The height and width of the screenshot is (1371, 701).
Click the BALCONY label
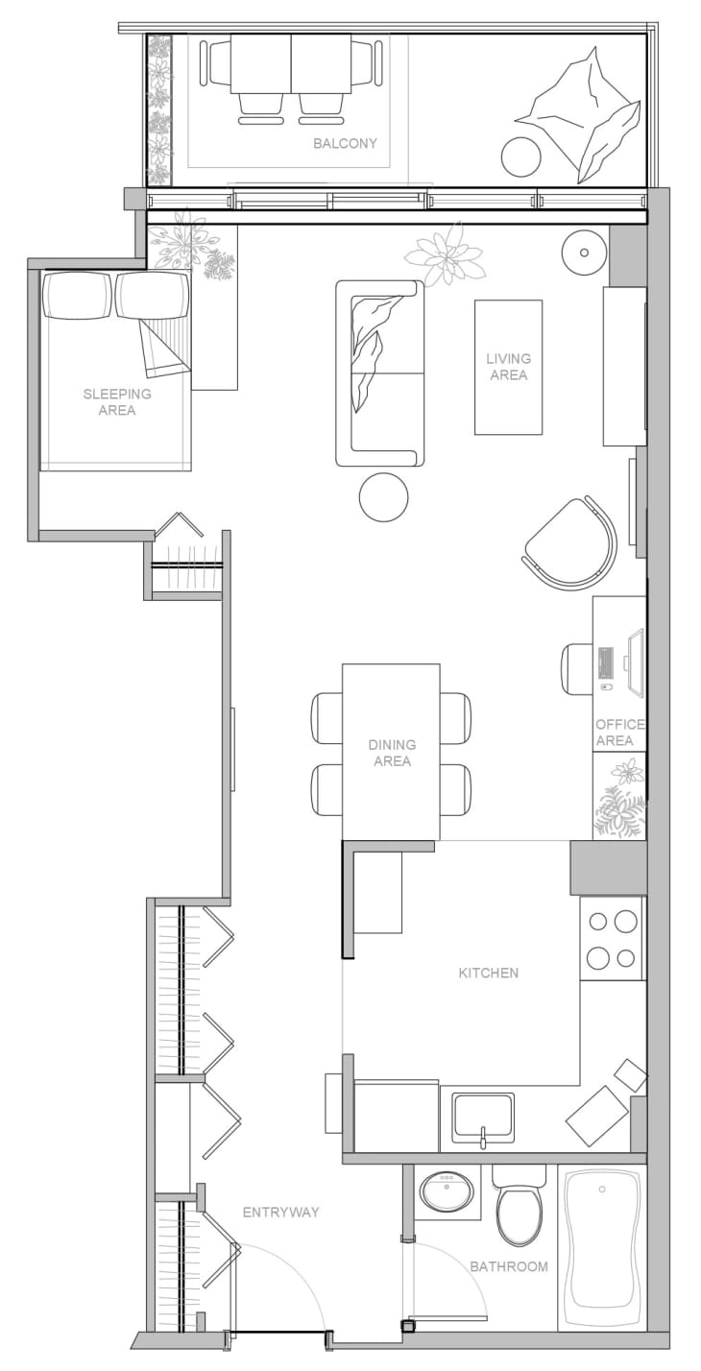click(x=345, y=144)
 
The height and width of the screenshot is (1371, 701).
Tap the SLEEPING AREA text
click(x=117, y=402)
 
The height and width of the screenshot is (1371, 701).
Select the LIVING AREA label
click(x=508, y=367)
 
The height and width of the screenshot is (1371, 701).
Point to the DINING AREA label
click(x=392, y=753)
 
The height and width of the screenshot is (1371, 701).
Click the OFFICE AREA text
click(x=619, y=733)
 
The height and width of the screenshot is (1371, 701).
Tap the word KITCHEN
click(x=488, y=973)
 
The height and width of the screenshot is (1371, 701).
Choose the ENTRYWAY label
click(x=280, y=1213)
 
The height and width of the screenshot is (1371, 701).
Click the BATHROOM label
click(x=509, y=1266)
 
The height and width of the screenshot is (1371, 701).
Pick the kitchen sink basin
click(x=483, y=1118)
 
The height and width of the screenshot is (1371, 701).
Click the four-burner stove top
click(x=612, y=939)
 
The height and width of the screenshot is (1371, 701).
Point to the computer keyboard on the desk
click(x=606, y=663)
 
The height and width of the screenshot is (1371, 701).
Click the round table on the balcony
click(x=521, y=156)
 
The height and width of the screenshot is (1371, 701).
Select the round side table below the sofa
click(x=383, y=497)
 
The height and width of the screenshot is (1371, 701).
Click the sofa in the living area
click(x=379, y=373)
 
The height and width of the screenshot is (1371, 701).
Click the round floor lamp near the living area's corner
click(x=583, y=253)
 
